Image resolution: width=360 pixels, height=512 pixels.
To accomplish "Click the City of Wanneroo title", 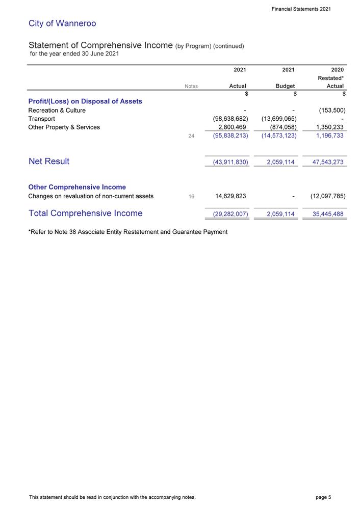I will (x=62, y=23).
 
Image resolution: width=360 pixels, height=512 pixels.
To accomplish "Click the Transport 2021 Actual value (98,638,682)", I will (x=227, y=119).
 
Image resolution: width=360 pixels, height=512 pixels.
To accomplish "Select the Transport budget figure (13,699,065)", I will (x=276, y=119).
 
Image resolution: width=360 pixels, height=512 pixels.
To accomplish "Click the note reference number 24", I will (x=192, y=137).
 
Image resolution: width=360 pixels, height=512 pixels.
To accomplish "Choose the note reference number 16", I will (x=192, y=196).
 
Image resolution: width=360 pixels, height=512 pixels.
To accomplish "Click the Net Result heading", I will (x=49, y=161).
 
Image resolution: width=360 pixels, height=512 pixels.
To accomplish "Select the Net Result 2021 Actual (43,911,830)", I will (x=227, y=162).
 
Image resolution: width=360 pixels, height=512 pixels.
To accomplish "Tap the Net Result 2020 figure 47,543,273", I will (x=325, y=162).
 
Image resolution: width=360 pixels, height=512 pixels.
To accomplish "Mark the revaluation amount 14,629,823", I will (x=227, y=196).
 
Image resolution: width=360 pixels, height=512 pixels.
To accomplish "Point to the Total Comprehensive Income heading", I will (x=86, y=213).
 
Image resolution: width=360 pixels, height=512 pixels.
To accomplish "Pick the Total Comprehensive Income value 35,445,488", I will (x=325, y=214).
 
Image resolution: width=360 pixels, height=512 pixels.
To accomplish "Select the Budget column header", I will (x=285, y=87).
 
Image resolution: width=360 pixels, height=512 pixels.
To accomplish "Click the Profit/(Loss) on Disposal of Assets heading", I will (x=85, y=101).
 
